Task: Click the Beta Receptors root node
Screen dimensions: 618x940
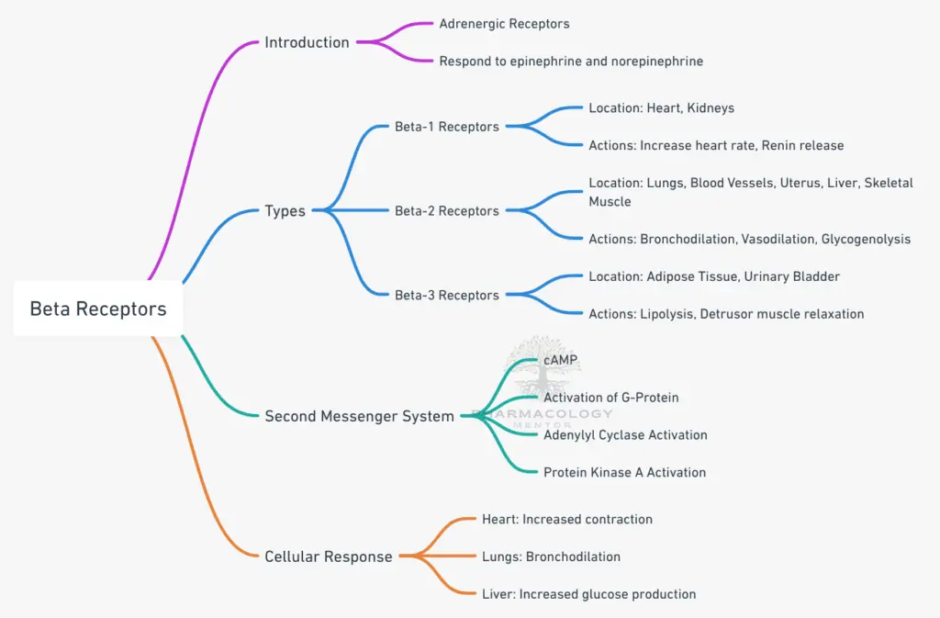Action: pos(98,309)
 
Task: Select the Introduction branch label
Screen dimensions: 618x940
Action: pos(307,42)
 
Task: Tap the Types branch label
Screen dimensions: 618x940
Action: pos(285,211)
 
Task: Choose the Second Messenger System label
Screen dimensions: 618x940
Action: pos(359,416)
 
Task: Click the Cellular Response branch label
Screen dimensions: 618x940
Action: pos(328,556)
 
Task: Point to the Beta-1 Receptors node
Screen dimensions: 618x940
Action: pos(446,127)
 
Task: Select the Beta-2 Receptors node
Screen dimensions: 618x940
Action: pos(446,211)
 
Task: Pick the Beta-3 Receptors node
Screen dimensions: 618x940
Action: pos(446,295)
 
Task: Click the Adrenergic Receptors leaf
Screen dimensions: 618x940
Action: pos(504,23)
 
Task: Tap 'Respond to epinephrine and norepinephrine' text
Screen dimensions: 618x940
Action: pos(570,61)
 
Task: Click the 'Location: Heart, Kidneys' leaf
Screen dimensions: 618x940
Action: pos(661,107)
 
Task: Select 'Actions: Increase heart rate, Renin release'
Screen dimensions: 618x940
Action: pos(716,145)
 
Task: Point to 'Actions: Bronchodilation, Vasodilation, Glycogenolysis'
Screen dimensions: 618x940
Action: pos(749,239)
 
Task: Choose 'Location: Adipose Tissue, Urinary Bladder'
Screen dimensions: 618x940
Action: pos(714,276)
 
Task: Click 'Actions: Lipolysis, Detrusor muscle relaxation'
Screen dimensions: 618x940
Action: pos(726,314)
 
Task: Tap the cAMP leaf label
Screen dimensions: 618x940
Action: pos(561,360)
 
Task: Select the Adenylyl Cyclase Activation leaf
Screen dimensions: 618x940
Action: pos(625,434)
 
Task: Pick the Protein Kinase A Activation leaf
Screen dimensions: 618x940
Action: pos(624,472)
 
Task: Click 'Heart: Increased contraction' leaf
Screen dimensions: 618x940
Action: pos(566,520)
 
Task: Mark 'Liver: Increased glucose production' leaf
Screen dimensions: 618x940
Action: pos(588,594)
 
